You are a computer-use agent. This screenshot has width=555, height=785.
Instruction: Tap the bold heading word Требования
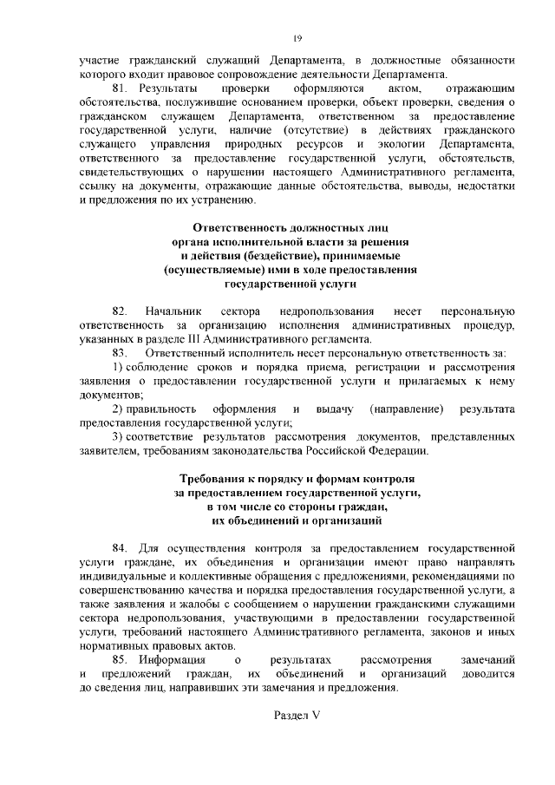click(216, 478)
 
